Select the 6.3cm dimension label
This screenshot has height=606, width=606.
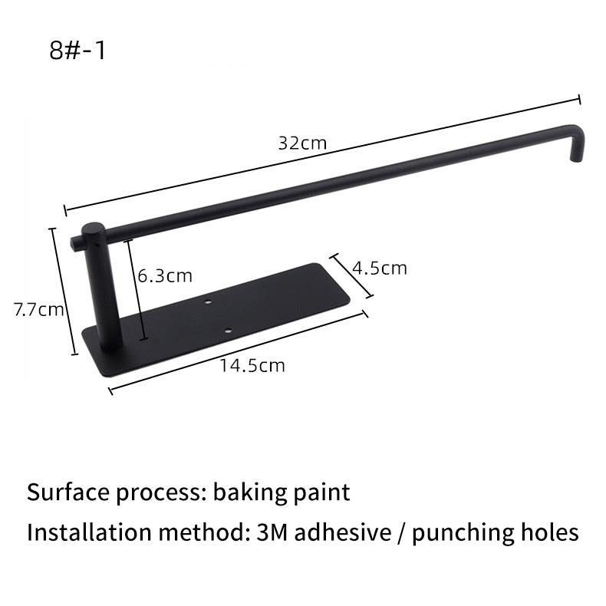[x=165, y=275]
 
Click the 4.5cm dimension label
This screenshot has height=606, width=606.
[x=380, y=268]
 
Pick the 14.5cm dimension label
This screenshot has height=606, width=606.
[x=252, y=365]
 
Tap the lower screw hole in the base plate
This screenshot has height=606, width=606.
[x=228, y=331]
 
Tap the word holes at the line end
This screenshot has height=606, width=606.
[x=545, y=532]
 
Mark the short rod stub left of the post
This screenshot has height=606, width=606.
[x=77, y=243]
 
